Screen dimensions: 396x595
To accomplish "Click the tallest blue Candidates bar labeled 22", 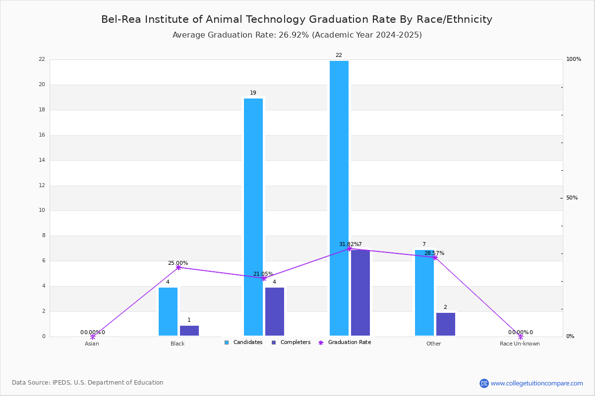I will coord(339,198).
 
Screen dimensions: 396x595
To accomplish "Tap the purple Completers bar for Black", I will coord(189,331).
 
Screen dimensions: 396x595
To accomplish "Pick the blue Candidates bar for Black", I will coord(168,311).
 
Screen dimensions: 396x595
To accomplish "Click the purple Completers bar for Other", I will coord(446,324).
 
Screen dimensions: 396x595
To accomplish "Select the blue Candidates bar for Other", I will coord(424,293).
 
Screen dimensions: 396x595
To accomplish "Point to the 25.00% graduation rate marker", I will coord(178,267).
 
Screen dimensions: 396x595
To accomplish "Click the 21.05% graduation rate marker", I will coord(264,278).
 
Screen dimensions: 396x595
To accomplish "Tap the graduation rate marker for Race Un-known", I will coord(521,337).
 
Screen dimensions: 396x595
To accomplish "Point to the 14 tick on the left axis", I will coord(42,160).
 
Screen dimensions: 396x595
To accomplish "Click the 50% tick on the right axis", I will coord(572,198).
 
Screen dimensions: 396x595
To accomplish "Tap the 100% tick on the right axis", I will coord(573,59).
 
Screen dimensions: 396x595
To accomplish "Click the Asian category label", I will coord(92,344).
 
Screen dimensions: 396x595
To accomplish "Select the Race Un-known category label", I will coord(520,344).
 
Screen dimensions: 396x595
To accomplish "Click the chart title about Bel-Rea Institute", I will coord(297,19).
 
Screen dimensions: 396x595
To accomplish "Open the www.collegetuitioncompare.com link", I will coord(536,383).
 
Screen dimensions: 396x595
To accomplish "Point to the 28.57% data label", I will coord(434,253).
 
